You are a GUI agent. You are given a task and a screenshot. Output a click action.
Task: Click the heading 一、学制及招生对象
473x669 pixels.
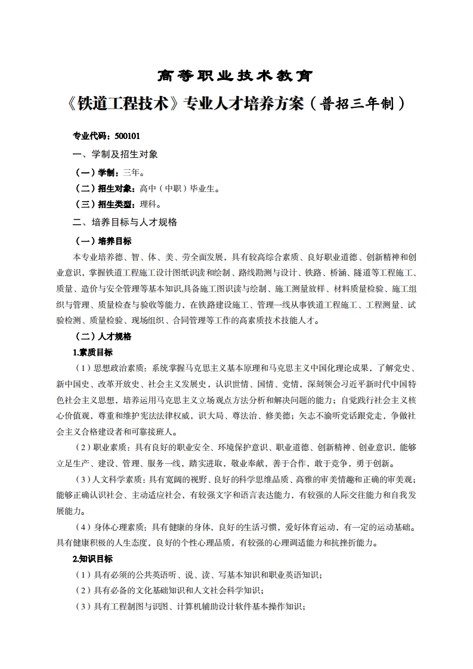coord(115,154)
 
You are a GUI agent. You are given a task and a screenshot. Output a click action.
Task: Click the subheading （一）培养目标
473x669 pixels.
coord(103,241)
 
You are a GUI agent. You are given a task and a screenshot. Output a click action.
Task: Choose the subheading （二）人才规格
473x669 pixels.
coord(103,336)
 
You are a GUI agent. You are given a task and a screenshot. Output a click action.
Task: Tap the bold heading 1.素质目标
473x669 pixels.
coord(92,352)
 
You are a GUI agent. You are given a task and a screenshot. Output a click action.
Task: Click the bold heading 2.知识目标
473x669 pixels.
coord(92,559)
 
